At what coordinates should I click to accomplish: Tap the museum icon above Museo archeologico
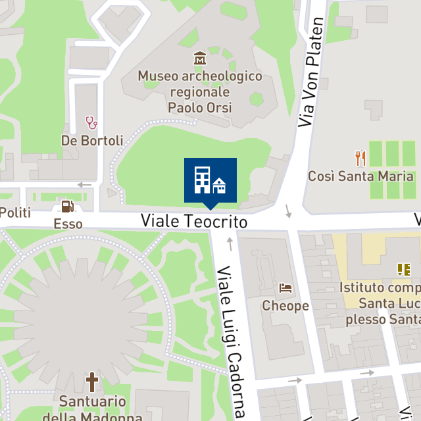[x=200, y=59]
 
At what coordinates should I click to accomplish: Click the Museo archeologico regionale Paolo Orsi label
[x=200, y=91]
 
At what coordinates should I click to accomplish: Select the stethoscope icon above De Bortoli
[x=91, y=122]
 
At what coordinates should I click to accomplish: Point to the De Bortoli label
[x=92, y=140]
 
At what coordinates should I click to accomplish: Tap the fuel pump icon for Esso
[x=68, y=207]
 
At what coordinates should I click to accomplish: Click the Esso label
[x=68, y=224]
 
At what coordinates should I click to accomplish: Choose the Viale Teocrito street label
[x=194, y=222]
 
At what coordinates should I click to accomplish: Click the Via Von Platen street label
[x=311, y=72]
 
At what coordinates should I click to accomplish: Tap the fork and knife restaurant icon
[x=360, y=158]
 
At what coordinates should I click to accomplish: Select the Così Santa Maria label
[x=360, y=176]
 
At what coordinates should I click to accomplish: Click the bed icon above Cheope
[x=285, y=288]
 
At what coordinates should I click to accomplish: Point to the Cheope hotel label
[x=285, y=306]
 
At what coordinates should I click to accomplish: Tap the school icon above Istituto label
[x=403, y=269]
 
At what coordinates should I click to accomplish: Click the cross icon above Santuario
[x=92, y=382]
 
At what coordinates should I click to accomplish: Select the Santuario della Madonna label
[x=92, y=408]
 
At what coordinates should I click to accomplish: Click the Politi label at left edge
[x=14, y=212]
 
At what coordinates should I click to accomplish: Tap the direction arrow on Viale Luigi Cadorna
[x=230, y=244]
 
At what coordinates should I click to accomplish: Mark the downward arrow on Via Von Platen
[x=288, y=210]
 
